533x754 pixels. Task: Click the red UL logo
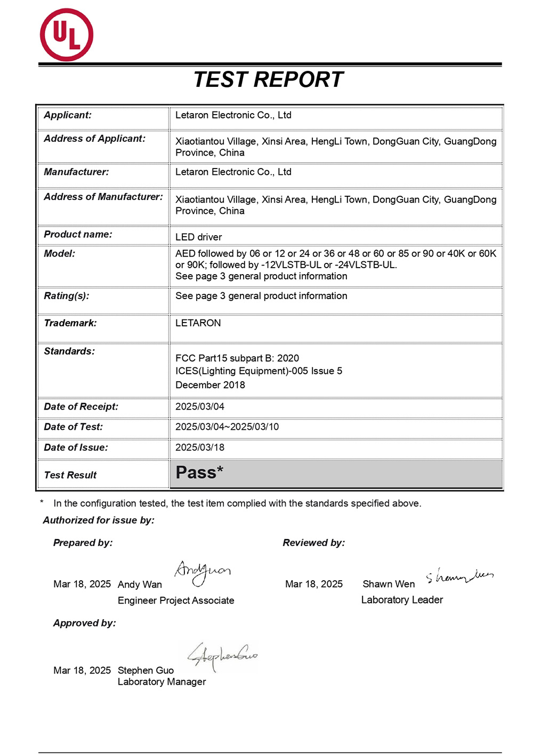(67, 35)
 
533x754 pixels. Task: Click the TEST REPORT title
(268, 80)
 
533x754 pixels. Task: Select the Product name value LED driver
(198, 237)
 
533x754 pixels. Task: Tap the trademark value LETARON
(198, 323)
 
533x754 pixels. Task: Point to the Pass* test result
(199, 472)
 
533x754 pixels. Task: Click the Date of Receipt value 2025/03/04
(200, 406)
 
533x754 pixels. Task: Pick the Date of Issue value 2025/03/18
(200, 447)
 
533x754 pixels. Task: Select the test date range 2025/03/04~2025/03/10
(227, 427)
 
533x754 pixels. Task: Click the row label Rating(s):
(67, 295)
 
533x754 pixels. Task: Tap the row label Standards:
(69, 351)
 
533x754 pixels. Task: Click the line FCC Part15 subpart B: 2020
(237, 358)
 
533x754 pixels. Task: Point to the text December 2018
(210, 384)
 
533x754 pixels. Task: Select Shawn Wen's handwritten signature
(459, 576)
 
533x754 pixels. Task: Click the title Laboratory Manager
(161, 681)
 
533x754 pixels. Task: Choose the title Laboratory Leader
(402, 600)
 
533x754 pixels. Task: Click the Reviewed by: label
(313, 542)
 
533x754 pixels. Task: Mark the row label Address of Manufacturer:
(103, 197)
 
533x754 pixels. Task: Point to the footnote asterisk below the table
(42, 502)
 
